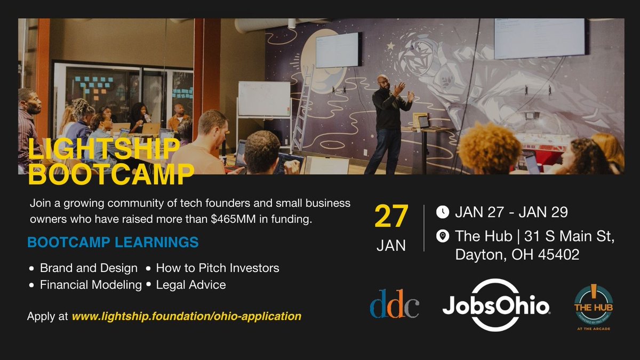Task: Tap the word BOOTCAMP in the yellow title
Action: [x=111, y=174]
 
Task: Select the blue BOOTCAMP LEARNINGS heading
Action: [x=113, y=243]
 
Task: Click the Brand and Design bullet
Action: [x=89, y=268]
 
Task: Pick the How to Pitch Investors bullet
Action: [x=217, y=268]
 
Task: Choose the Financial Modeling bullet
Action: [x=91, y=285]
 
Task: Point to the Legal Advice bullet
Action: [x=190, y=285]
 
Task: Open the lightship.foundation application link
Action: [x=186, y=316]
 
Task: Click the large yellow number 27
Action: [x=391, y=217]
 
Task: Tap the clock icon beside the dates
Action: [x=443, y=212]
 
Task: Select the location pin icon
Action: [x=443, y=236]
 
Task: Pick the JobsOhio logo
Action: [x=496, y=306]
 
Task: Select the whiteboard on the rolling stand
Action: [x=263, y=99]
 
